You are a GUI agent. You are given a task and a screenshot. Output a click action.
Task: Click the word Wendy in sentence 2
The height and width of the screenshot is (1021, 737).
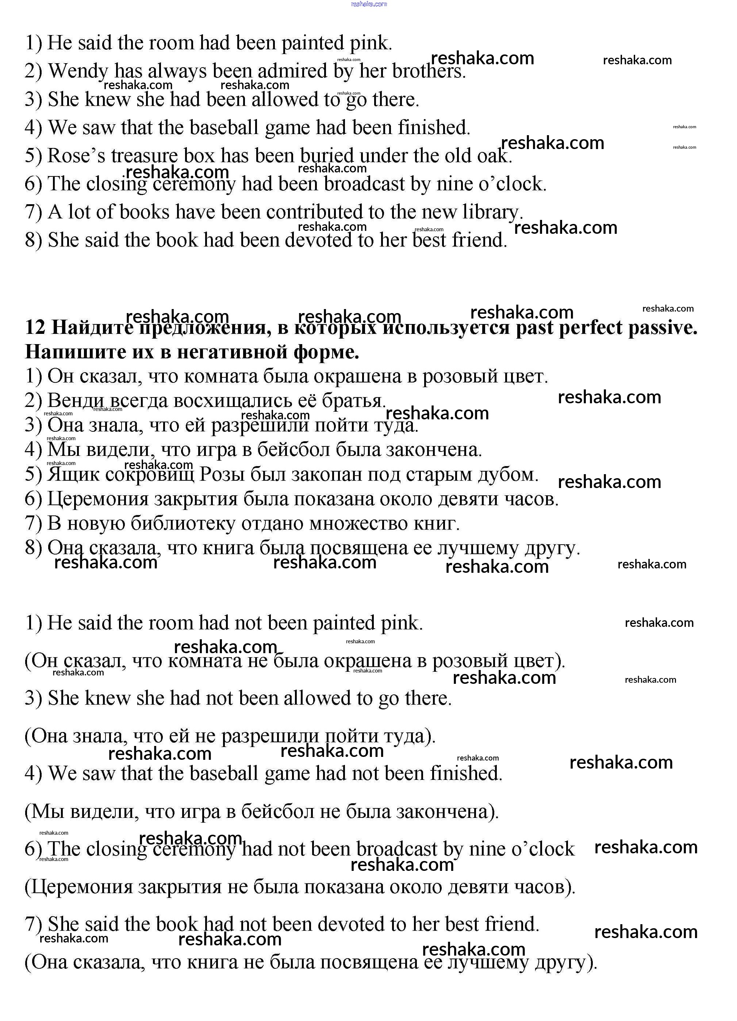(x=78, y=72)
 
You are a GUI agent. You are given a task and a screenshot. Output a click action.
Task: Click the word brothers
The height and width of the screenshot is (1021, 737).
(x=428, y=72)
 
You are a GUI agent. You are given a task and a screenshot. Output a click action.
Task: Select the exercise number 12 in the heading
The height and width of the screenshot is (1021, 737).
(x=35, y=327)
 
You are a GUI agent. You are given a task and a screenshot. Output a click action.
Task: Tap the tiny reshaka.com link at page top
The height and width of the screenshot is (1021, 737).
(x=369, y=4)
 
